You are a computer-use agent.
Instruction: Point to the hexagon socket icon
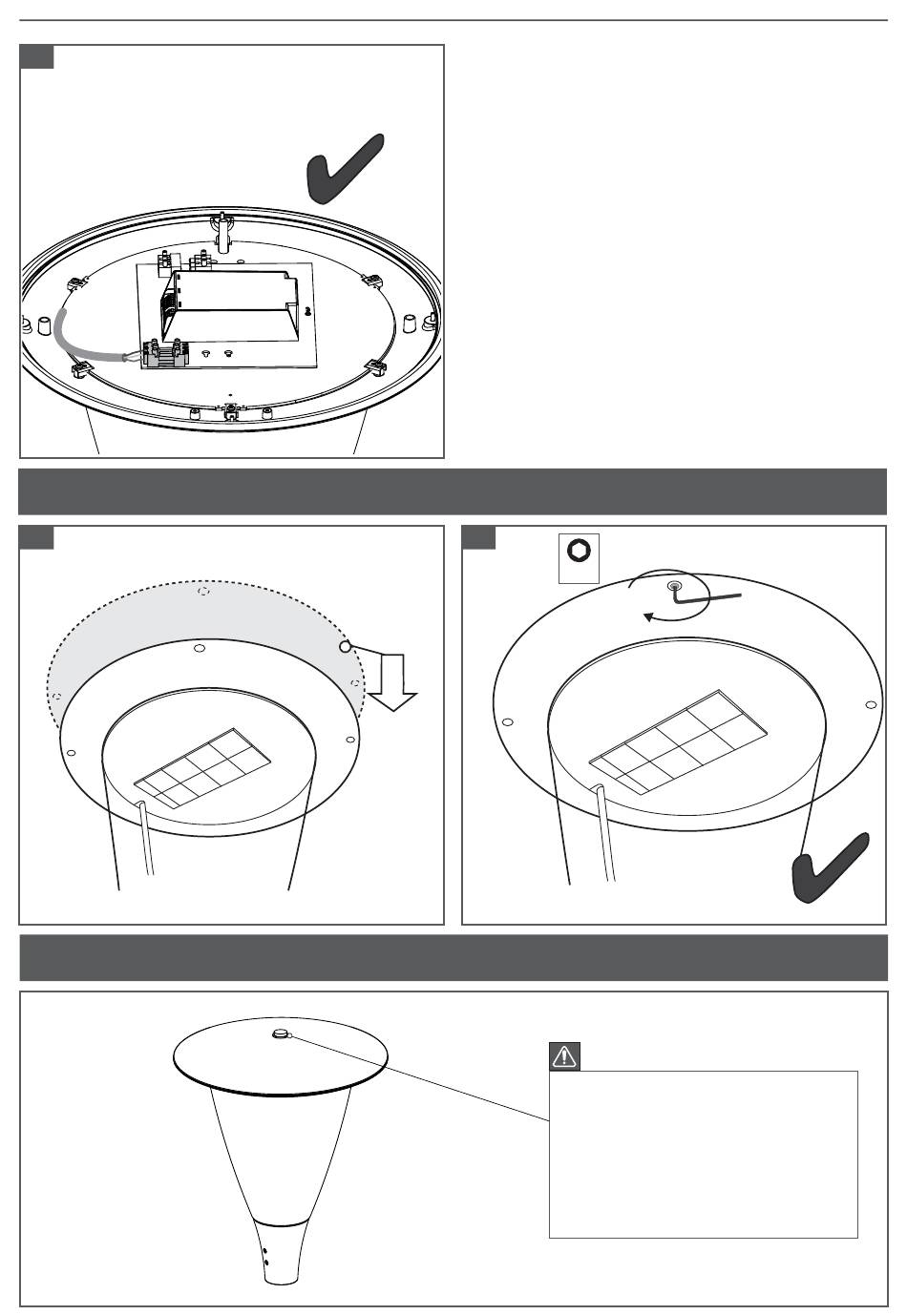[x=579, y=552]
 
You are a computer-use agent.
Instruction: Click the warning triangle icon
[x=565, y=1055]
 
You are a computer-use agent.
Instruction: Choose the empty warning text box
[x=703, y=1154]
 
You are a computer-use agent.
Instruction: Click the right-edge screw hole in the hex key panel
[x=870, y=704]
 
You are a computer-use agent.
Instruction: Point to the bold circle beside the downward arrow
[x=345, y=647]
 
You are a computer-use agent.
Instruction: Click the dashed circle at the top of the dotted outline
[x=203, y=592]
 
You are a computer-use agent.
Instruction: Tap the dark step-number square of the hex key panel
[x=479, y=537]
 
